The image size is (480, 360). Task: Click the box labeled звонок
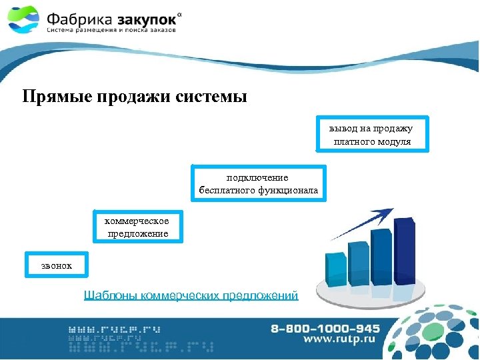[55, 265]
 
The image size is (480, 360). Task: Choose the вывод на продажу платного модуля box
[372, 135]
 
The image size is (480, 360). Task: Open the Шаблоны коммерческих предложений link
[191, 295]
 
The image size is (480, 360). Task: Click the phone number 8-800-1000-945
[325, 329]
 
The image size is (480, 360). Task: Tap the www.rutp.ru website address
[339, 340]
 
